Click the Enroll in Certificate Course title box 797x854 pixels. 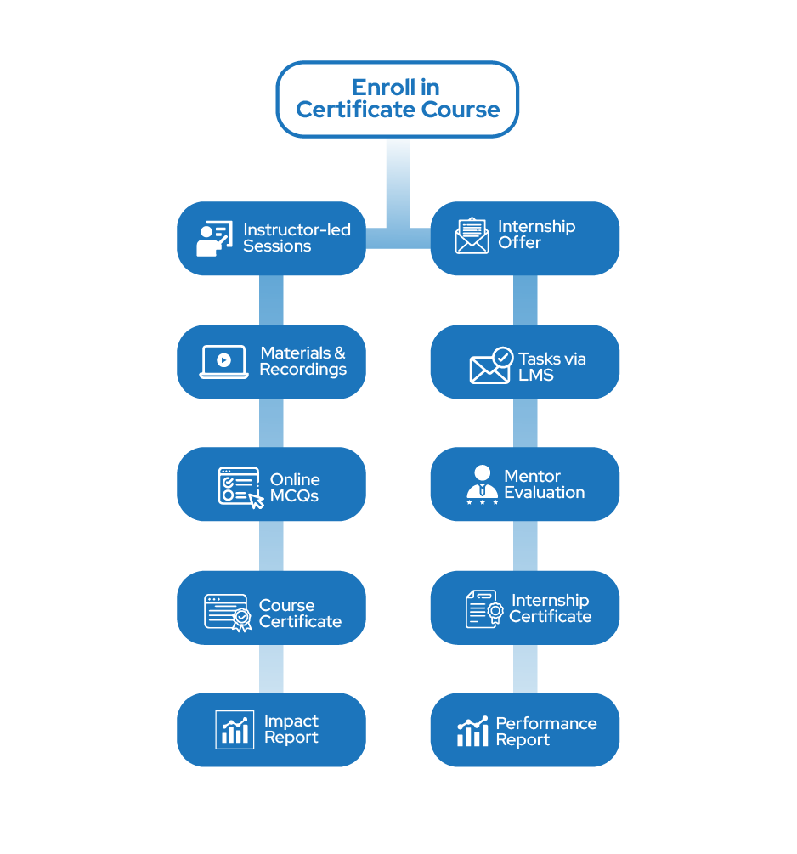[x=397, y=99]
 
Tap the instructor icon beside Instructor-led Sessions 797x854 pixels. [x=214, y=239]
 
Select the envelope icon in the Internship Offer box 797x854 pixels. [x=472, y=236]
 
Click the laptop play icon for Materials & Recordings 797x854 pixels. [x=223, y=361]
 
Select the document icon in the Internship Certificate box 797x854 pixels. [x=483, y=609]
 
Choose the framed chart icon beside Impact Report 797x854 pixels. [x=235, y=730]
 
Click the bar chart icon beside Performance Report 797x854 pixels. [x=472, y=732]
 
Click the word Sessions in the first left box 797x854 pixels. [x=277, y=246]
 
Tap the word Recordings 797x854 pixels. [x=302, y=370]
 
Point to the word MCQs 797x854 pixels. [x=294, y=495]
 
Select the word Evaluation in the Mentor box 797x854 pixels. [x=544, y=493]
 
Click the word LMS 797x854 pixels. [x=537, y=376]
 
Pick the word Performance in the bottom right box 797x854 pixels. [x=546, y=724]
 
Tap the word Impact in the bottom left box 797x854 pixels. [x=291, y=721]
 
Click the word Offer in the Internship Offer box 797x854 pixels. [x=519, y=243]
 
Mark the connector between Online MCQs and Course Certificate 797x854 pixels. [x=271, y=546]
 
